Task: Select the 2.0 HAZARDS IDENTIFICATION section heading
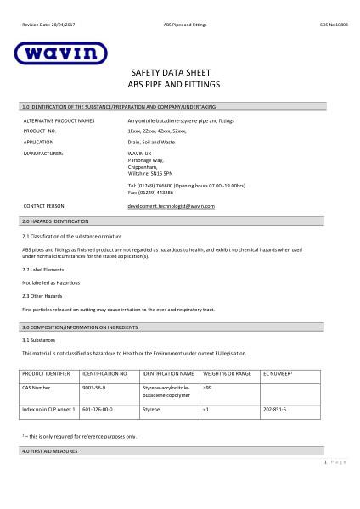pyautogui.click(x=55, y=221)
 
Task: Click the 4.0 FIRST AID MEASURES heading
pyautogui.click(x=50, y=451)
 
